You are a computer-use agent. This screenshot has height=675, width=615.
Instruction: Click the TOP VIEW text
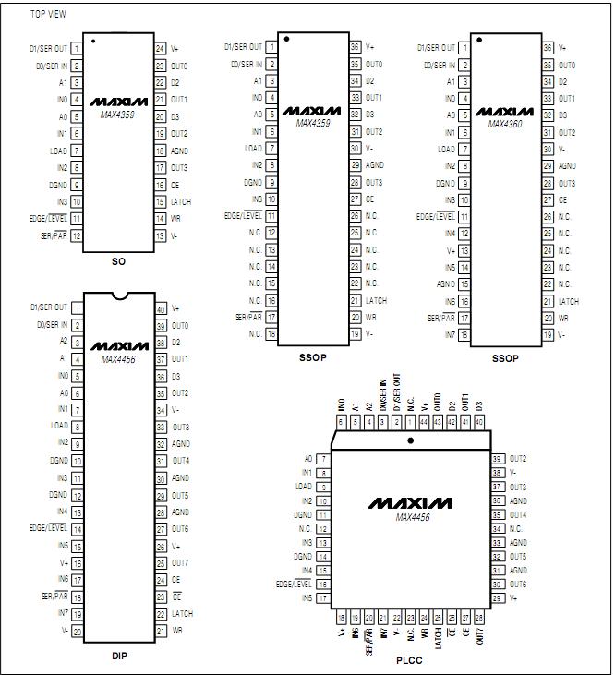[x=48, y=14]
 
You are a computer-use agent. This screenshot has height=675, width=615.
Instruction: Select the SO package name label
[x=118, y=261]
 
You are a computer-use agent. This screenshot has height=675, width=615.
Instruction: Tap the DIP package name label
[x=117, y=656]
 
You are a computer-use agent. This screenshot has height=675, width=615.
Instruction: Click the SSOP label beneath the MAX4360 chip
[x=504, y=358]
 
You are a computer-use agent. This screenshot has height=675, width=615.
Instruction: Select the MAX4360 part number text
[x=505, y=123]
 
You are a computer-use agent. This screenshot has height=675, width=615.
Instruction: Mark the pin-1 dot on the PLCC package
[x=410, y=440]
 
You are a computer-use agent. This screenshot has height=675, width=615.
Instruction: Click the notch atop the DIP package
[x=117, y=295]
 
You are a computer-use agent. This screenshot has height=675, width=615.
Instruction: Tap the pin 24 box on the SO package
[x=160, y=48]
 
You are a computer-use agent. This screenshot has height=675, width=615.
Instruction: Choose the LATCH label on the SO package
[x=181, y=200]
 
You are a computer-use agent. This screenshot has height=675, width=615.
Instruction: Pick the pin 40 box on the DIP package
[x=160, y=308]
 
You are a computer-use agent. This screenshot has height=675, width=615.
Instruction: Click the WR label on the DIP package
[x=176, y=631]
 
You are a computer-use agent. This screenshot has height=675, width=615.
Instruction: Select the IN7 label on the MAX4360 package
[x=450, y=335]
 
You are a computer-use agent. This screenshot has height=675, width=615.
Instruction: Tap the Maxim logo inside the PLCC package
[x=411, y=503]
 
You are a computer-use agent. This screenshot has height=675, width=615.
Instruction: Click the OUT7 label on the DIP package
[x=180, y=562]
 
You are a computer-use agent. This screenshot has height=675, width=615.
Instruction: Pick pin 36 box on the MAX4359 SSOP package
[x=354, y=47]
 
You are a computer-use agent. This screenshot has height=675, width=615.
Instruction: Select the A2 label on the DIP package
[x=64, y=341]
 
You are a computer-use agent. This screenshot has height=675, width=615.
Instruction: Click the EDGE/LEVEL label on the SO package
[x=48, y=219]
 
